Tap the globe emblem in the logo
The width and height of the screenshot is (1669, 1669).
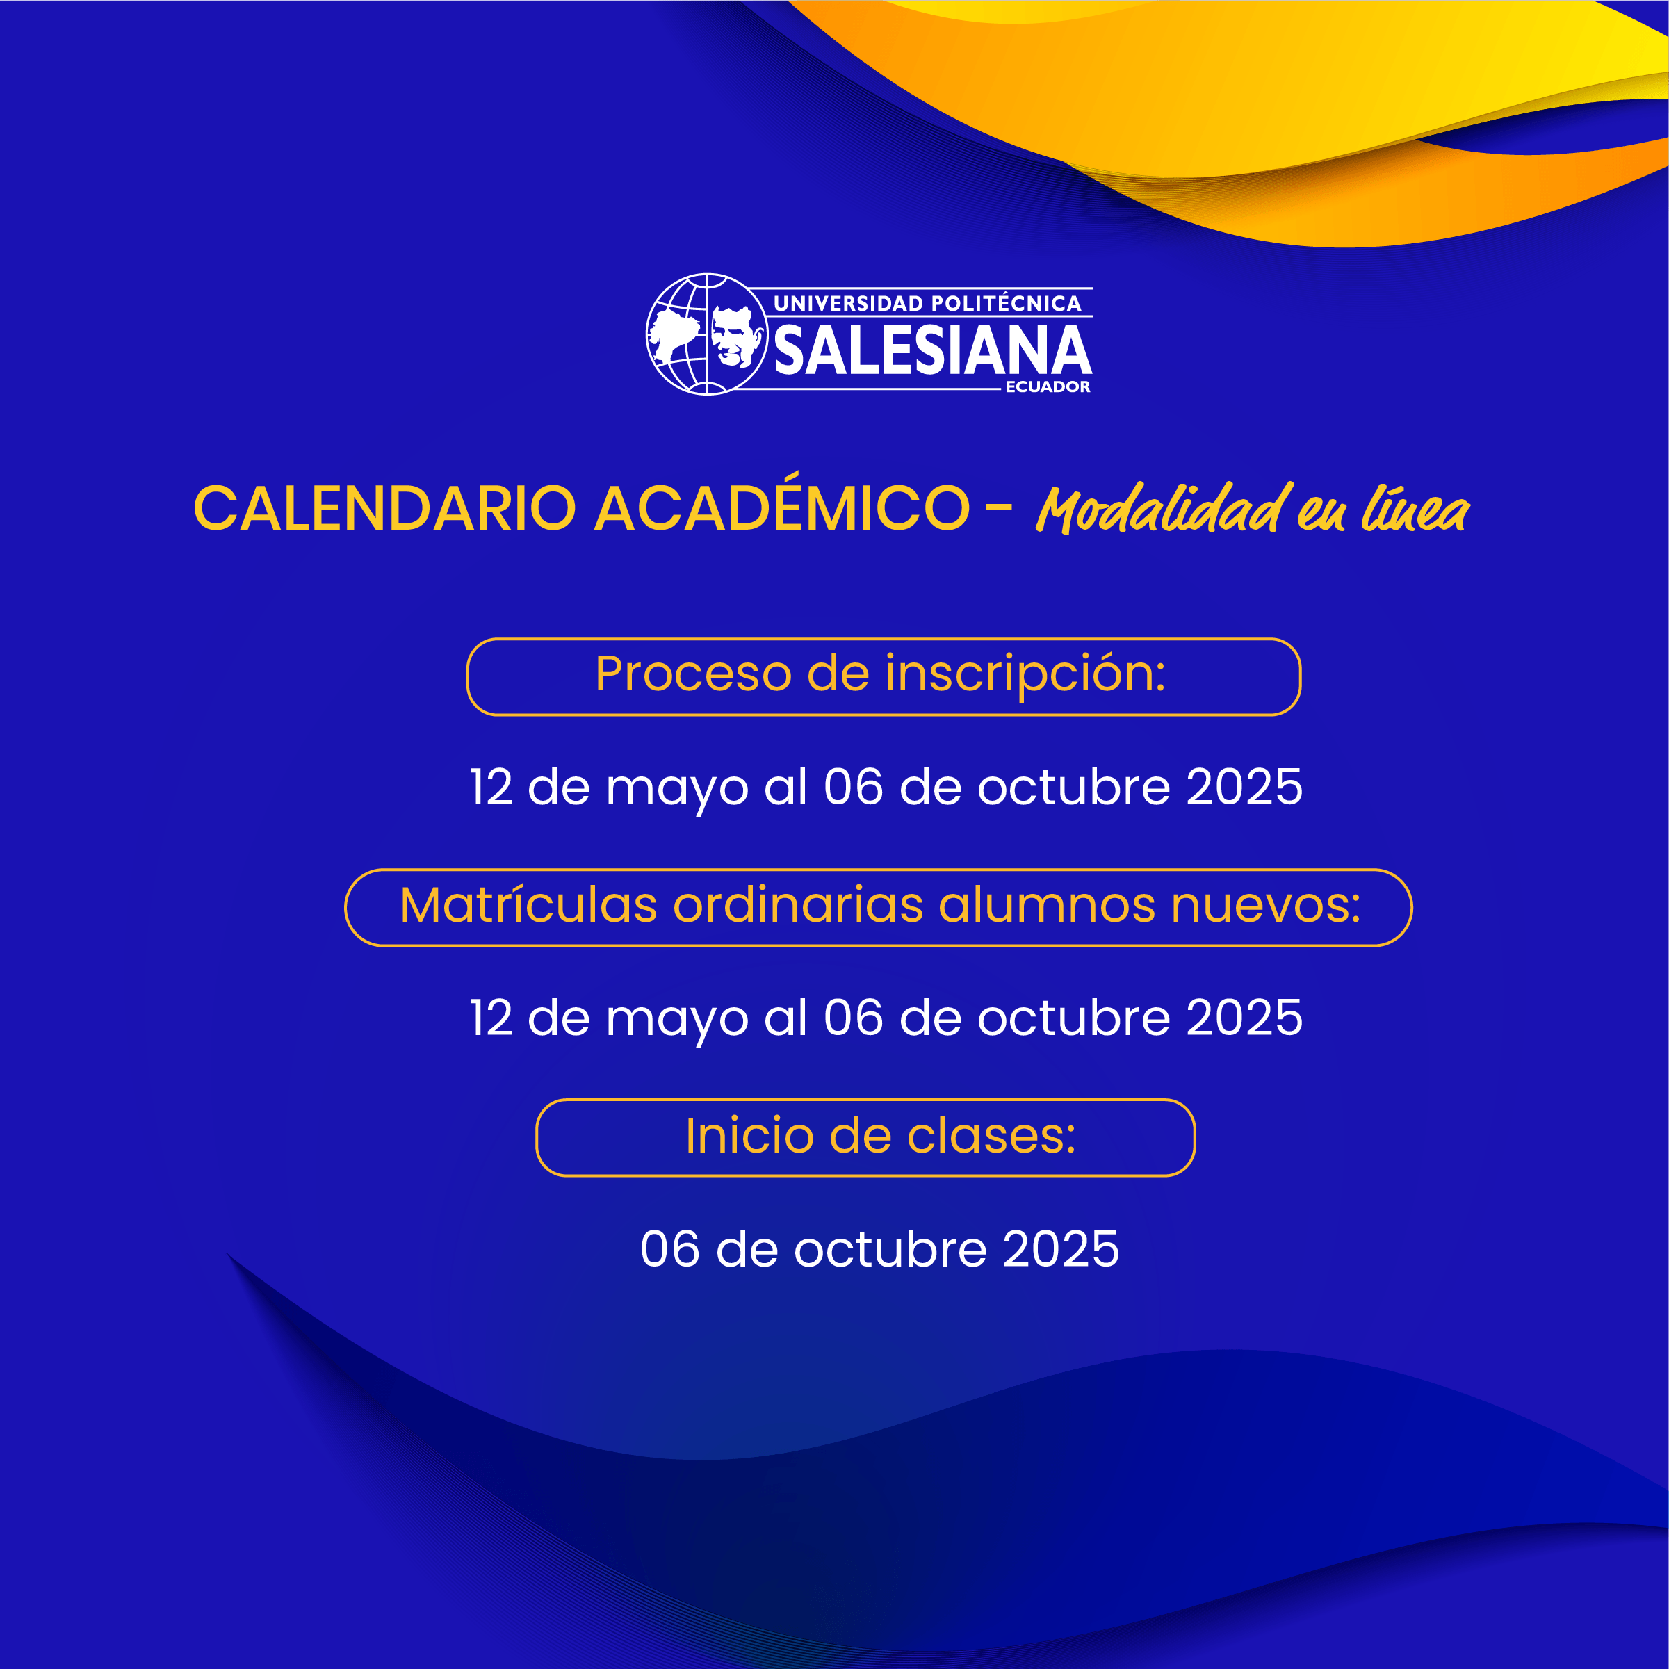point(707,334)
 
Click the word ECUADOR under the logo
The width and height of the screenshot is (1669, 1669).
point(1048,387)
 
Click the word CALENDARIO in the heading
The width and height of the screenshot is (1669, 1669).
point(384,508)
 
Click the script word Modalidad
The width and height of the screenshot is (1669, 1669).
point(1164,510)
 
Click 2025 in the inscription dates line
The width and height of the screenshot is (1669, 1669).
point(1244,787)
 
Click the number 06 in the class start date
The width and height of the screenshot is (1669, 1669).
point(670,1249)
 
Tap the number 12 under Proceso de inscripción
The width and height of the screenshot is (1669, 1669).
point(491,787)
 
